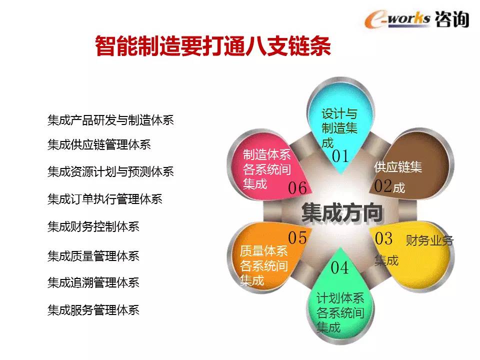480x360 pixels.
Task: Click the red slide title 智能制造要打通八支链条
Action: [213, 46]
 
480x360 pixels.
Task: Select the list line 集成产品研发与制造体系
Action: [110, 120]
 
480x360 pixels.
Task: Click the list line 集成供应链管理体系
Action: [99, 144]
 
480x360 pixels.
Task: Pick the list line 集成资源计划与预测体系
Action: [110, 171]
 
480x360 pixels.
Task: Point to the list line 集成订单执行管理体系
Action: [104, 199]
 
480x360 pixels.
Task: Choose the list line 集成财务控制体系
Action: [93, 226]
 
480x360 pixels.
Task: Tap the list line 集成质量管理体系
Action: [93, 255]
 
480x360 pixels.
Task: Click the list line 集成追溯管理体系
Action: [93, 282]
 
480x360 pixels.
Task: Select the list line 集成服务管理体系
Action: [93, 310]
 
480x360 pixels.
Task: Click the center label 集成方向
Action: [341, 212]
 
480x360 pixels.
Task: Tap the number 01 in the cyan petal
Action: [340, 156]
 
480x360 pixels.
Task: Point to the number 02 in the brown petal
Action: [382, 186]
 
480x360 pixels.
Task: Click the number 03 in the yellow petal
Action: [383, 238]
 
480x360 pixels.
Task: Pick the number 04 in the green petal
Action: [339, 267]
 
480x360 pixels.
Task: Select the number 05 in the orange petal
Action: [297, 237]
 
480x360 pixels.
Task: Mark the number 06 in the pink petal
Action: [297, 187]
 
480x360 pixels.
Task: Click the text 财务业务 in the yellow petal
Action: [429, 240]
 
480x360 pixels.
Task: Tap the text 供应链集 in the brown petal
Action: [398, 167]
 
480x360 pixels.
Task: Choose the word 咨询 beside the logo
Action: [452, 19]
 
